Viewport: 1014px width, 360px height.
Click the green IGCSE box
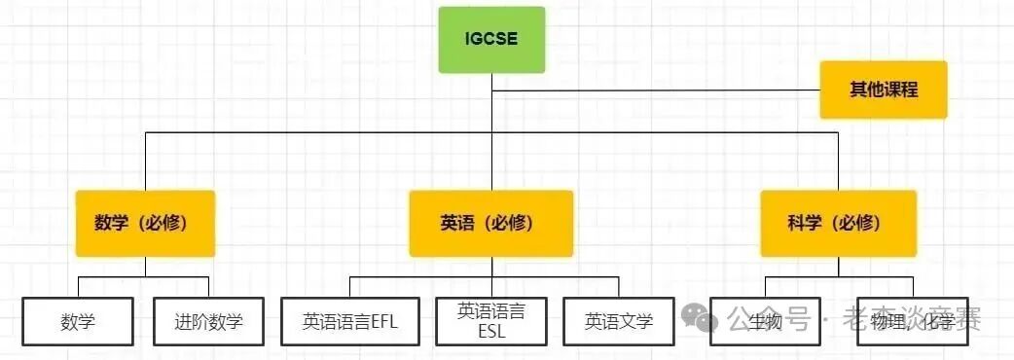(491, 40)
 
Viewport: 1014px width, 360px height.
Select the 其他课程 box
(883, 90)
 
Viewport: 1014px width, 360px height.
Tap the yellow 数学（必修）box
(145, 223)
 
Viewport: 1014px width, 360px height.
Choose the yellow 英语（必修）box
(490, 223)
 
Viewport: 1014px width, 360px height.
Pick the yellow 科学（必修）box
(838, 223)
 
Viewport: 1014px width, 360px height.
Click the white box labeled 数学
(78, 321)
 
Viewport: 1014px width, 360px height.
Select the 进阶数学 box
(208, 321)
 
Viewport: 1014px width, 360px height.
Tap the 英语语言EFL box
(350, 321)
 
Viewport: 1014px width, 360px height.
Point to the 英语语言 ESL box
(490, 321)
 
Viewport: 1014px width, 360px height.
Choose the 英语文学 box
(619, 321)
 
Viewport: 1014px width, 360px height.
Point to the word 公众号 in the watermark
(770, 318)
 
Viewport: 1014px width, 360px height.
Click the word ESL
(491, 331)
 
